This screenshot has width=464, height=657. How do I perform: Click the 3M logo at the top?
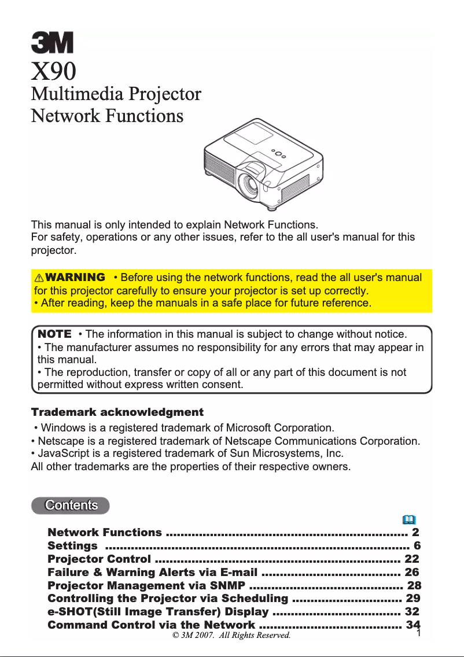click(x=52, y=43)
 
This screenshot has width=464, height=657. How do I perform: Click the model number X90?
click(x=53, y=71)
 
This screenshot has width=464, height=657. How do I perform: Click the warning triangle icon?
click(x=40, y=278)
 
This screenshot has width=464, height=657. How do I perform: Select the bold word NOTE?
click(x=54, y=334)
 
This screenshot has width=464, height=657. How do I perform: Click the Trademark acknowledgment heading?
click(x=117, y=412)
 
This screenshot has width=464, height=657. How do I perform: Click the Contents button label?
click(x=71, y=505)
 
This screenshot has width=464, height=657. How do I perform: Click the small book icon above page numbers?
click(x=408, y=519)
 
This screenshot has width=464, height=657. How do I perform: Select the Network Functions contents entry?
click(x=105, y=532)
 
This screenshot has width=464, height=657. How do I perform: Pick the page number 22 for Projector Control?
click(x=411, y=559)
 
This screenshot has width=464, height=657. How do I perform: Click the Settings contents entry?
click(x=72, y=545)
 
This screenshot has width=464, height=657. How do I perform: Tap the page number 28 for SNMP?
click(x=414, y=585)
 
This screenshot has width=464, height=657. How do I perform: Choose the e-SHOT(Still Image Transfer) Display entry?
click(x=158, y=611)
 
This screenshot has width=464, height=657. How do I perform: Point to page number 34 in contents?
click(x=413, y=625)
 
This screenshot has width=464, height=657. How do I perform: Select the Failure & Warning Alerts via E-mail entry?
click(x=152, y=573)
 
